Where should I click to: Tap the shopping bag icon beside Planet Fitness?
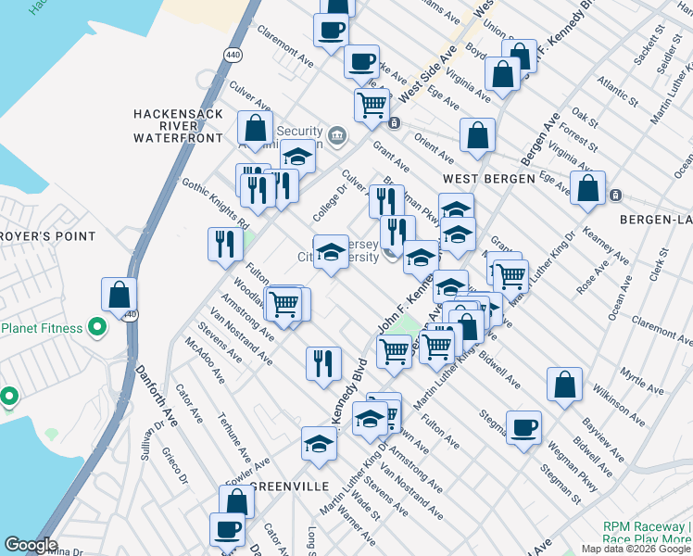pyautogui.click(x=119, y=296)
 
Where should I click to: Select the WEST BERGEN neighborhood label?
pyautogui.click(x=489, y=178)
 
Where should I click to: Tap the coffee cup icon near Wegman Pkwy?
pyautogui.click(x=523, y=427)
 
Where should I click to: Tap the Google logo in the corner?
pyautogui.click(x=31, y=545)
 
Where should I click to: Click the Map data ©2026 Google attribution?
pyautogui.click(x=636, y=549)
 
